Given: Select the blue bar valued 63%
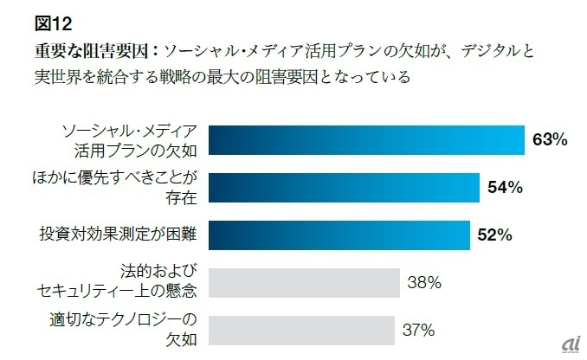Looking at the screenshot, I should [366, 140].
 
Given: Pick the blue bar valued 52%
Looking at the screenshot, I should [339, 234].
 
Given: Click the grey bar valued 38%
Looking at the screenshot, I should [304, 281].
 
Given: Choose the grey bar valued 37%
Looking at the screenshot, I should [301, 329].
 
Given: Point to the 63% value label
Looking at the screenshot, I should [550, 140].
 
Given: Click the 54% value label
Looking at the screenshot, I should [505, 187].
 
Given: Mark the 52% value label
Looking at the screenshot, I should [494, 234].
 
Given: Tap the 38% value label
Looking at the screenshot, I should [425, 281].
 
